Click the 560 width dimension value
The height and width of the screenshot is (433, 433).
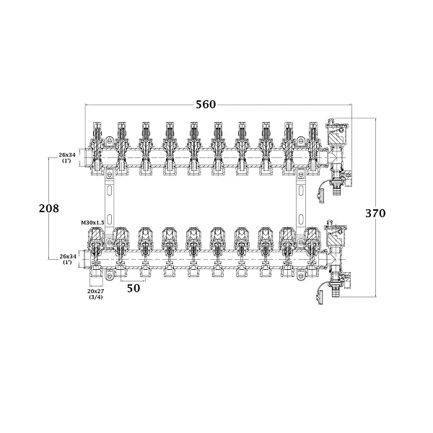206,105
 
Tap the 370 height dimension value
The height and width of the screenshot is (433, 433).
375,213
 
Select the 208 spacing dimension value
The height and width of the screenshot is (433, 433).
49,209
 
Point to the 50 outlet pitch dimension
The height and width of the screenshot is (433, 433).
134,288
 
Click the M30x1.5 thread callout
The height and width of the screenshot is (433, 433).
93,222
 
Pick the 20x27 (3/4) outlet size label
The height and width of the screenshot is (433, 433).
95,294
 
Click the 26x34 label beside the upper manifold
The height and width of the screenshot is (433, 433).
67,157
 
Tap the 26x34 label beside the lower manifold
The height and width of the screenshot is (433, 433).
68,259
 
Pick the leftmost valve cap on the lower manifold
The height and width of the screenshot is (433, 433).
96,237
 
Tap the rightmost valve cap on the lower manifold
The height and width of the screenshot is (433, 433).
313,237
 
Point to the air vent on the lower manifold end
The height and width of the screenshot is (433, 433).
336,233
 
